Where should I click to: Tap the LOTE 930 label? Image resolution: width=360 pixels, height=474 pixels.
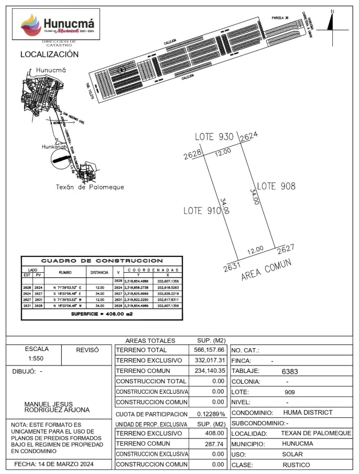tap(214, 137)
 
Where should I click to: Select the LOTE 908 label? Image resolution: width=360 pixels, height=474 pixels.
tap(276, 186)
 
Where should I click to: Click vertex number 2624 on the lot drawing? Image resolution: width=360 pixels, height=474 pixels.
tap(249, 136)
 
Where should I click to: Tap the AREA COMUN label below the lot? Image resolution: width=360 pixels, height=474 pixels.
tap(266, 270)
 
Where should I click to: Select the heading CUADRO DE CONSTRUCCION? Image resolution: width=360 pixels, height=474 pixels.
tap(102, 261)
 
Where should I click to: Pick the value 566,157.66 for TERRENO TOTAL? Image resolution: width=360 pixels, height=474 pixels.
tap(208, 350)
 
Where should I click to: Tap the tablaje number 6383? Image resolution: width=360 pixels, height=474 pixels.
tap(290, 371)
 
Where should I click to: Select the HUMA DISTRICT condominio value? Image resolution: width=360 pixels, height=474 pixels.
tap(308, 413)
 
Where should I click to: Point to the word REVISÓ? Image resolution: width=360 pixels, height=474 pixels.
tap(87, 349)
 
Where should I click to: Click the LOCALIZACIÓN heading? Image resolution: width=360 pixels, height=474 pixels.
tap(49, 54)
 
